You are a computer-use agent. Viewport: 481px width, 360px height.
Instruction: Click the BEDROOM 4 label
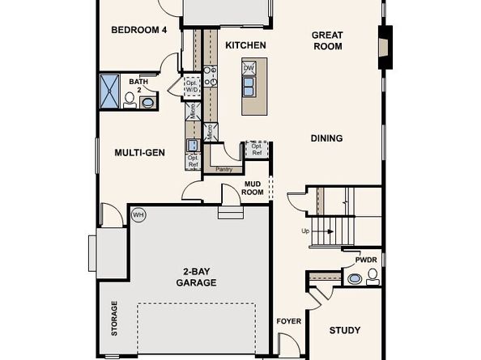(x=138, y=30)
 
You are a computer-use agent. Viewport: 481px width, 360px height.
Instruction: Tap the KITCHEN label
(x=245, y=45)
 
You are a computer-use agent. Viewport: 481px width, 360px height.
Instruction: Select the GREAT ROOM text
(x=327, y=40)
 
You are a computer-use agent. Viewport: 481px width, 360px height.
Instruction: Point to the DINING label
(x=326, y=138)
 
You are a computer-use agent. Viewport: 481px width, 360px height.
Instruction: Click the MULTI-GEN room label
(x=140, y=151)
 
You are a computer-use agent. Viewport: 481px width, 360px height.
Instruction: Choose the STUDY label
(x=345, y=330)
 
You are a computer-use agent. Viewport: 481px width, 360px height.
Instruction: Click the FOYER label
(x=289, y=321)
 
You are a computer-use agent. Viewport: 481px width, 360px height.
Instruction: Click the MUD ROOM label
(x=253, y=188)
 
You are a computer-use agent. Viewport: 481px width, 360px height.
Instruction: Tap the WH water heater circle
(x=138, y=215)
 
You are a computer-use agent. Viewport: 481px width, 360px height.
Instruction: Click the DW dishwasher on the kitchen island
(x=249, y=69)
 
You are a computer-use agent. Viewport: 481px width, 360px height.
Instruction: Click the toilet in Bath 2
(x=130, y=100)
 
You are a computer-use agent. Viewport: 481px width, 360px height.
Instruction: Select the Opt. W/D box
(x=192, y=86)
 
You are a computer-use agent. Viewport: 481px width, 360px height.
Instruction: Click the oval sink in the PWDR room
(x=355, y=278)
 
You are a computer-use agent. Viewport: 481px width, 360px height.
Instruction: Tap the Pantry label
(x=223, y=169)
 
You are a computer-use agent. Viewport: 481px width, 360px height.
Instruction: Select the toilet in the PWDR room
(x=372, y=277)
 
